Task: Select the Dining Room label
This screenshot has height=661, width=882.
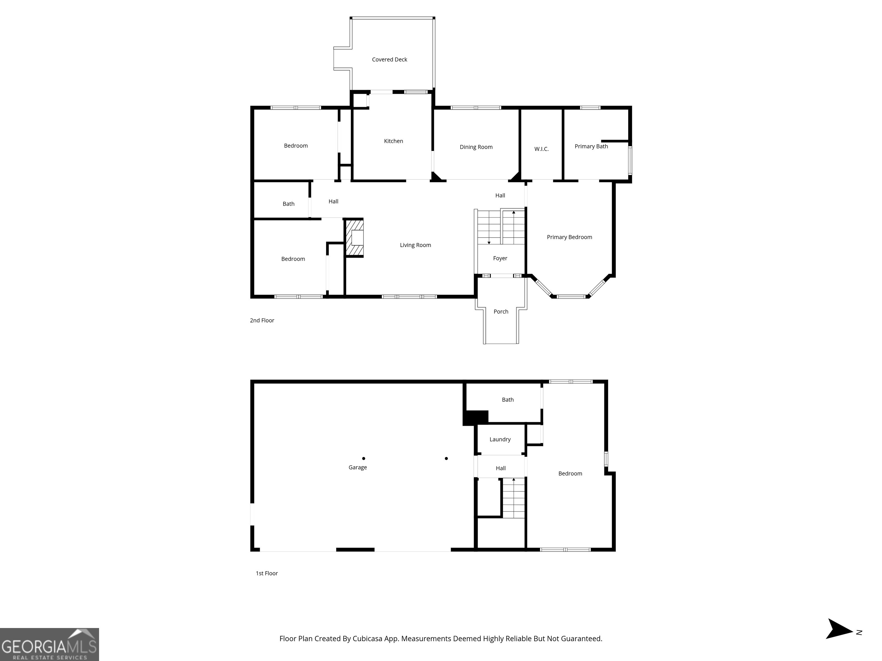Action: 476,147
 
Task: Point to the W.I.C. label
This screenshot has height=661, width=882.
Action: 541,149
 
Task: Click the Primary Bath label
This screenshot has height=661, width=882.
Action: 591,146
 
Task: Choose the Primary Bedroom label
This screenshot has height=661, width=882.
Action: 569,237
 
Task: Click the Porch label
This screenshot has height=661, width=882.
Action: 500,312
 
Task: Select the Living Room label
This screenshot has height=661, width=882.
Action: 415,245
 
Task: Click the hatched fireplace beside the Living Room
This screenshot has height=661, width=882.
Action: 355,238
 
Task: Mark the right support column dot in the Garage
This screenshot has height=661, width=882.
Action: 446,458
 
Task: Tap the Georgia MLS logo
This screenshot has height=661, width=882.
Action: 49,644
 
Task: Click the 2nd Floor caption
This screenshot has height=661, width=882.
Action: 262,320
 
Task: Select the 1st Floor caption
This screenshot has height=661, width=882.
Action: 266,573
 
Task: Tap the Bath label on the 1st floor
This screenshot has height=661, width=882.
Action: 507,400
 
